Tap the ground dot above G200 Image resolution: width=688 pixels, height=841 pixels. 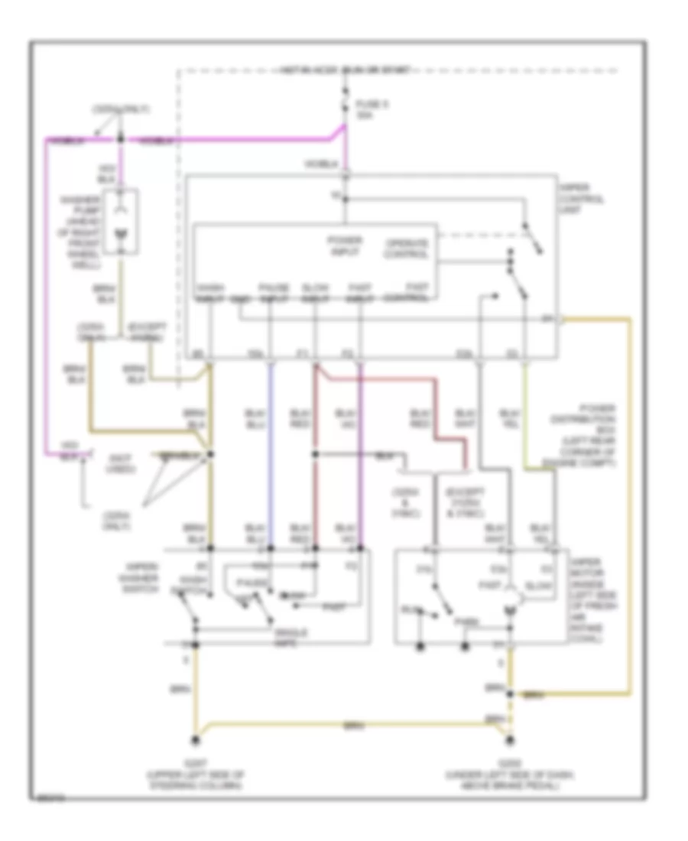pyautogui.click(x=511, y=739)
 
